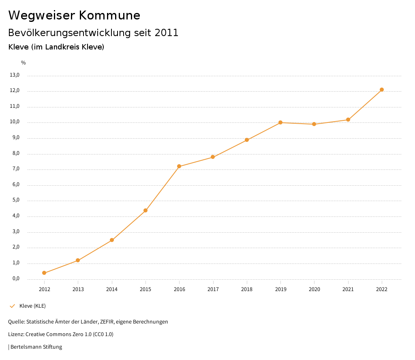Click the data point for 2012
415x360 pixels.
pyautogui.click(x=44, y=273)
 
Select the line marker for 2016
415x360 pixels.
pyautogui.click(x=179, y=166)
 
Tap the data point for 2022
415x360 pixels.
pyautogui.click(x=382, y=90)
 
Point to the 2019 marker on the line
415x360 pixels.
pyautogui.click(x=280, y=122)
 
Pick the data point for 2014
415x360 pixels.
pyautogui.click(x=112, y=240)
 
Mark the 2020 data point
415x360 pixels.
pyautogui.click(x=314, y=124)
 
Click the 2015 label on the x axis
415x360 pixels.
pyautogui.click(x=145, y=289)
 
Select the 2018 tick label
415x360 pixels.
pyautogui.click(x=247, y=289)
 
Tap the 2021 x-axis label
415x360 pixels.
pyautogui.click(x=348, y=289)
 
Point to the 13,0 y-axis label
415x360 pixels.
pyautogui.click(x=15, y=75)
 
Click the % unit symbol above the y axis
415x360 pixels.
pyautogui.click(x=24, y=63)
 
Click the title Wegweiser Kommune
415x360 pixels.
pyautogui.click(x=74, y=15)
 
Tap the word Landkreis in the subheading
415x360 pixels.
pyautogui.click(x=62, y=47)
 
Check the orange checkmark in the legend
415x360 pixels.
pyautogui.click(x=12, y=306)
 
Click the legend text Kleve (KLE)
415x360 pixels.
pyautogui.click(x=32, y=306)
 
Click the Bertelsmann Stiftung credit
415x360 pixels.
pyautogui.click(x=36, y=347)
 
